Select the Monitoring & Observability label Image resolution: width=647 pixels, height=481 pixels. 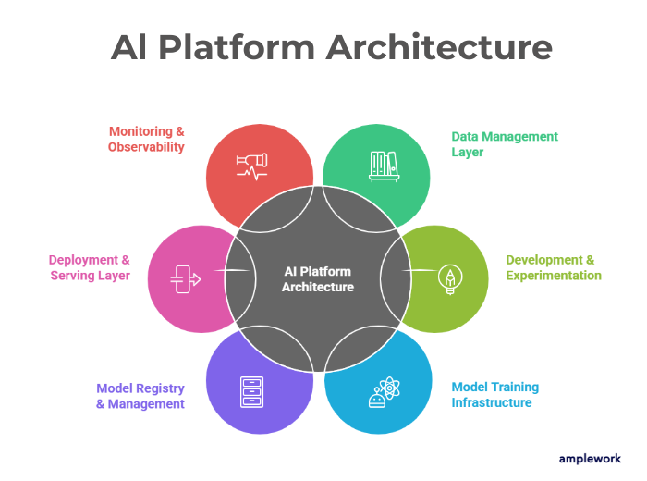146,139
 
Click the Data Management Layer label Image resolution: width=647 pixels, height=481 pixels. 505,143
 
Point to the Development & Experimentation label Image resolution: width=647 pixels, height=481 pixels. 553,267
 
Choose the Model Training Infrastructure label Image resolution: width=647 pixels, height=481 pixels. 494,394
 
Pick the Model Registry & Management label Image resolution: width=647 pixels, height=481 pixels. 140,395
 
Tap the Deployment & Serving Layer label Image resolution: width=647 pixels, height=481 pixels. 90,267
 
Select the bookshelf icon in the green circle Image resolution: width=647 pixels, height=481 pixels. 384,166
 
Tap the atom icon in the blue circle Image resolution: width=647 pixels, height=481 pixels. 383,393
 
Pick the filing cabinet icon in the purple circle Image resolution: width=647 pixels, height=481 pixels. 250,391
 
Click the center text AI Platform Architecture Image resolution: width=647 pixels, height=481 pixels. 317,278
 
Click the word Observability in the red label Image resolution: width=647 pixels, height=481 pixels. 146,147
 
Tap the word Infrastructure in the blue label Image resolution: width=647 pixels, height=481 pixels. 492,402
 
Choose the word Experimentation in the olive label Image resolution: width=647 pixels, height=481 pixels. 554,275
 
